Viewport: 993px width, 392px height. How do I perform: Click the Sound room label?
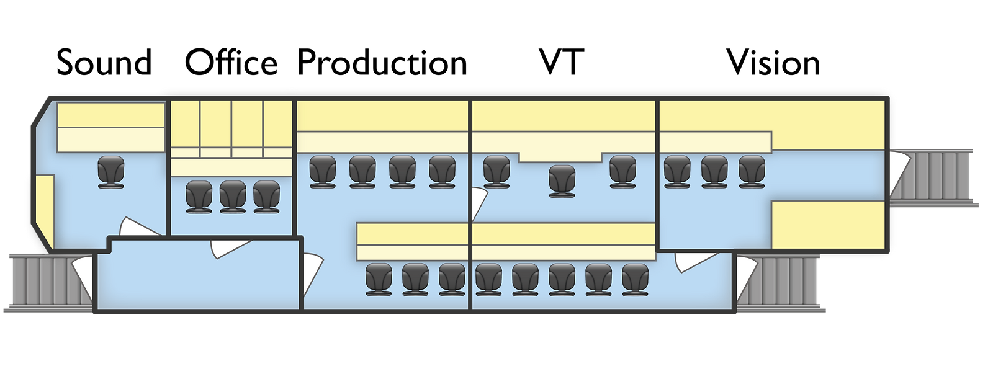(x=104, y=63)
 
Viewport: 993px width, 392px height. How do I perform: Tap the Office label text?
(x=231, y=63)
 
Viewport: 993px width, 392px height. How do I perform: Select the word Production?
(x=382, y=63)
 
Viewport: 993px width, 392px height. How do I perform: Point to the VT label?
(x=562, y=63)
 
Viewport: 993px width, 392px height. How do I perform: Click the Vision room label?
(x=773, y=63)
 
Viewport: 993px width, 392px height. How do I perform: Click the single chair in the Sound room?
(x=111, y=172)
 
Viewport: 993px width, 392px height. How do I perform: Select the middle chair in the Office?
(x=233, y=197)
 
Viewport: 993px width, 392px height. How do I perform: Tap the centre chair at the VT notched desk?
(x=562, y=181)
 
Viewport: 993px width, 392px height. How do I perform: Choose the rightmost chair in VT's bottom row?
(x=636, y=280)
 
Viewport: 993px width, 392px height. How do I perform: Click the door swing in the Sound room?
(x=138, y=227)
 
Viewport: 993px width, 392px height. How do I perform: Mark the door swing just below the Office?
(x=230, y=249)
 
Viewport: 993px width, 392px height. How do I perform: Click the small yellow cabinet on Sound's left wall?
(x=45, y=212)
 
